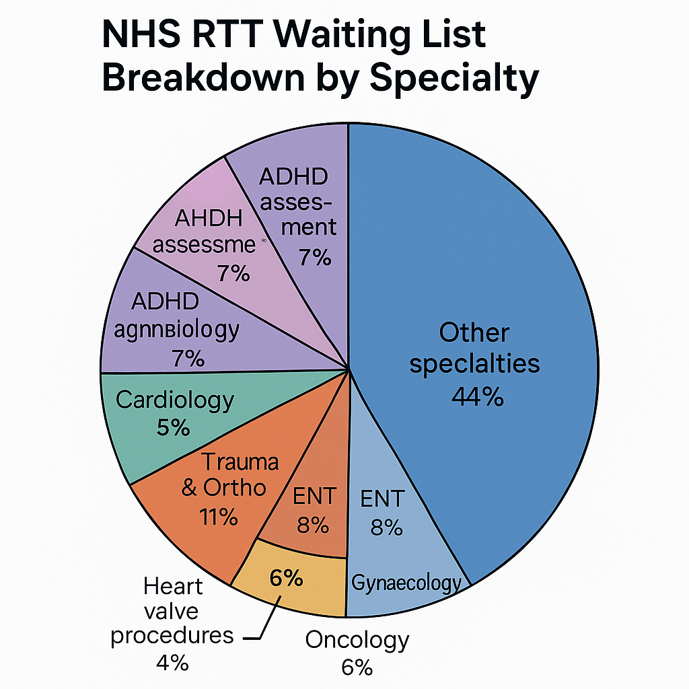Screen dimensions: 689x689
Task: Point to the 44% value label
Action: (477, 397)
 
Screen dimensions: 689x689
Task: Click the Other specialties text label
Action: (474, 348)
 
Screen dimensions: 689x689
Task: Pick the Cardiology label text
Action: (175, 400)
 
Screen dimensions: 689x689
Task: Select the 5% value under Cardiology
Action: (173, 428)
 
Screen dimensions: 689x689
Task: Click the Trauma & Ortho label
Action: (229, 474)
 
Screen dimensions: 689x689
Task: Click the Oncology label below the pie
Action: (357, 639)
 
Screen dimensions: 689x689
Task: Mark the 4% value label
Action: (172, 663)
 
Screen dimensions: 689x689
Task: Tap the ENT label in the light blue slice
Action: (382, 499)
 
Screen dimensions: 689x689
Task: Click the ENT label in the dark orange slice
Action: (314, 497)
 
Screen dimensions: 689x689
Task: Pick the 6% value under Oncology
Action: (356, 667)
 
